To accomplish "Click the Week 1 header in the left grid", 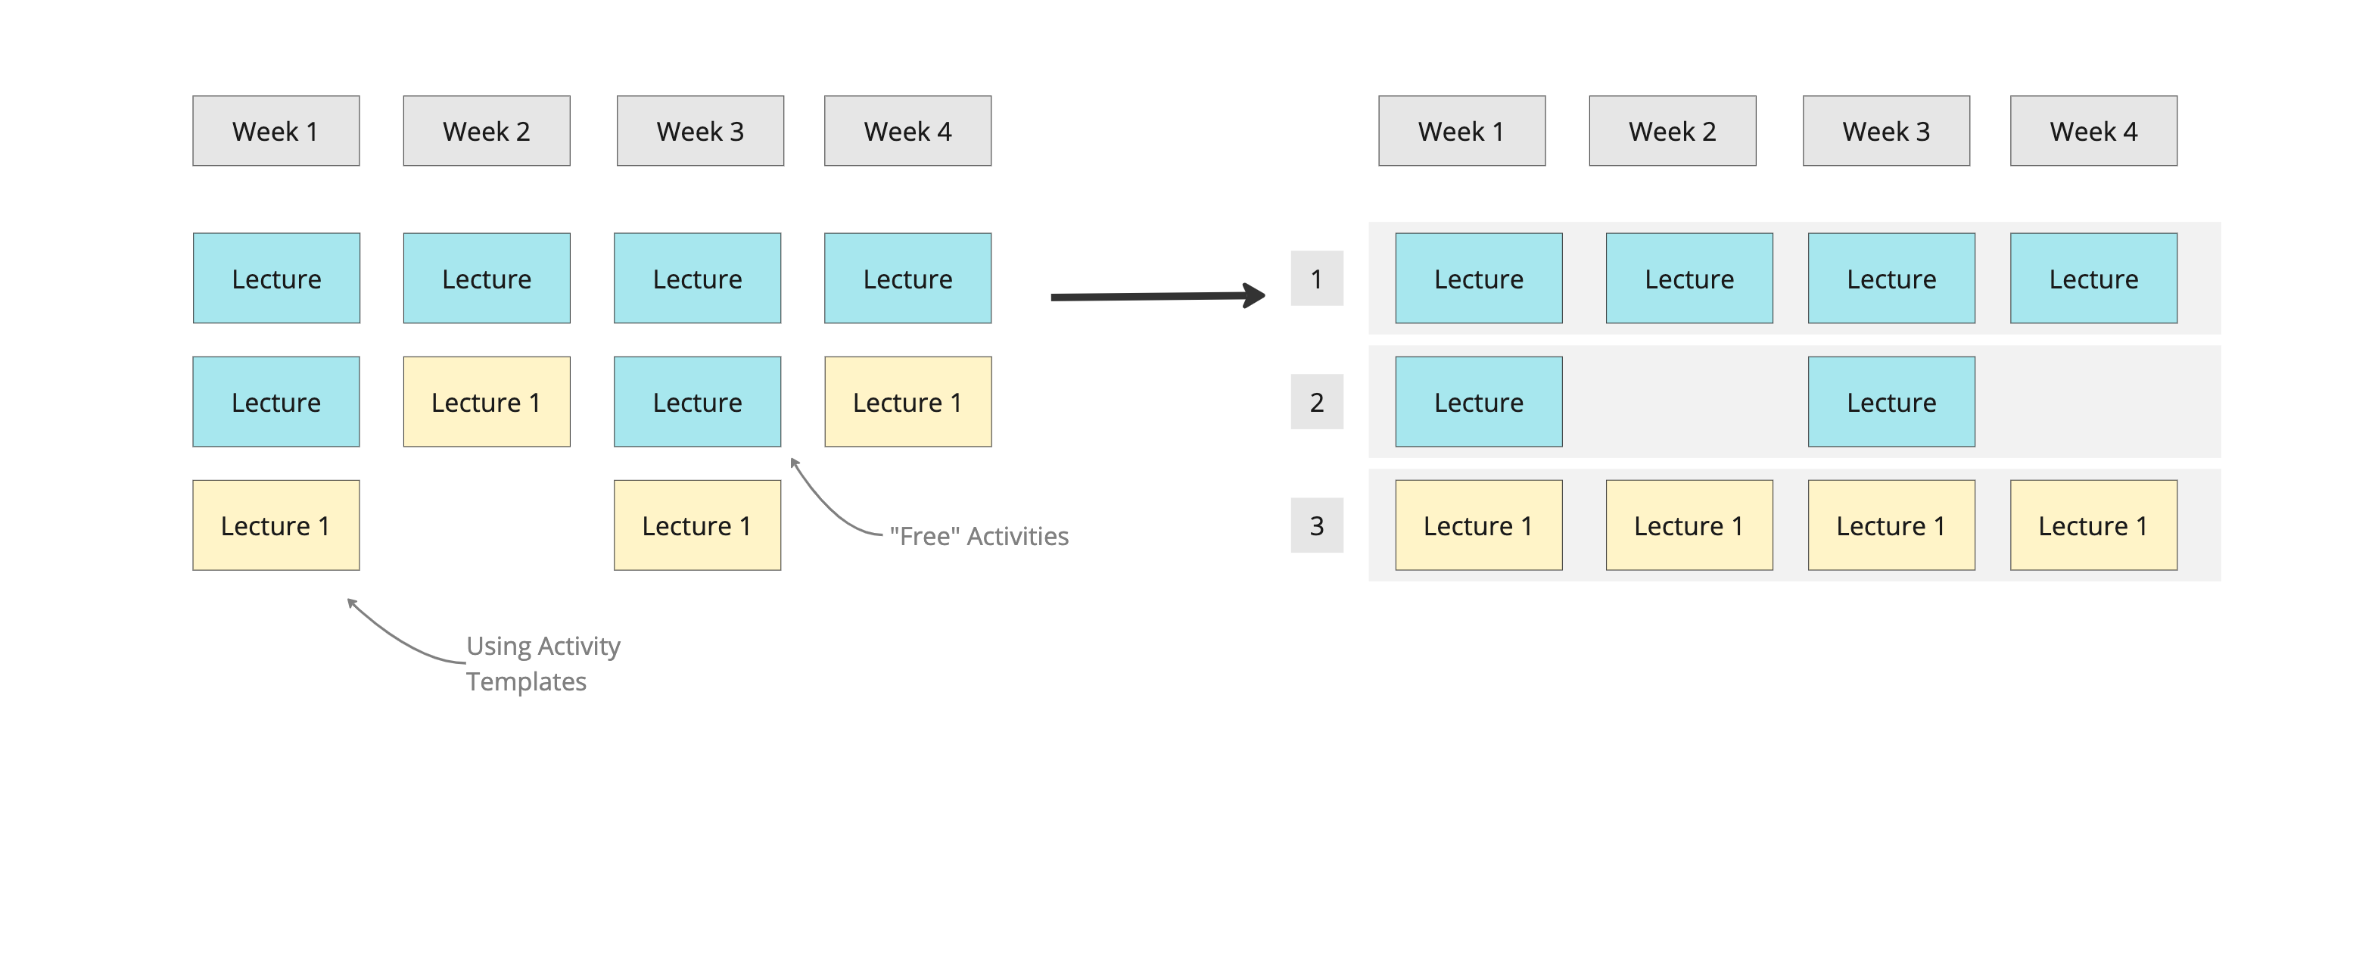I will point(275,131).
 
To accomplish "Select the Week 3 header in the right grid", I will point(1885,131).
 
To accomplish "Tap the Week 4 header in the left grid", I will point(907,131).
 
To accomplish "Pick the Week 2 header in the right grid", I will point(1672,131).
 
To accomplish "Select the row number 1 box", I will point(1316,278).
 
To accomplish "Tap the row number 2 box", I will point(1316,402).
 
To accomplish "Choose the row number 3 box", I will point(1316,525).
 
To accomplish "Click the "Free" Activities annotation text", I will point(979,537).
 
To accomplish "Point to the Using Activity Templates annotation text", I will point(542,663).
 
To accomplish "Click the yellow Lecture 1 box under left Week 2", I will point(487,402).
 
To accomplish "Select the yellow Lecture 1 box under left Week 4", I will point(907,402).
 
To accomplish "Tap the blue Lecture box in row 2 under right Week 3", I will point(1891,402).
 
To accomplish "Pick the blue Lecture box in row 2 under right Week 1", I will point(1478,402).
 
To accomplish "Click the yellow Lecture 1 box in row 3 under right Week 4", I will point(2093,525).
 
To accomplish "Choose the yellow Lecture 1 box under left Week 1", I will point(275,525).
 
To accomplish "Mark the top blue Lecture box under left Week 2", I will point(487,278).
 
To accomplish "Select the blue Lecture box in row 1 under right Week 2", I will point(1689,278).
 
